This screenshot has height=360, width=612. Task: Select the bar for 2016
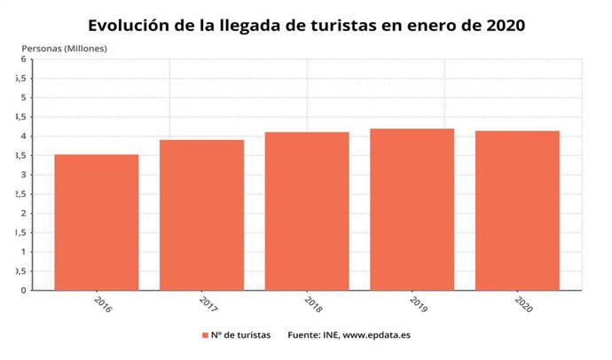point(96,223)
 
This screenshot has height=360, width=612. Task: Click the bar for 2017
point(201,215)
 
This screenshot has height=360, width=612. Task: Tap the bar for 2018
point(307,211)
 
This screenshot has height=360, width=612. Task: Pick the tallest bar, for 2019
point(412,209)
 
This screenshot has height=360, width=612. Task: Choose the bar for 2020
point(517,210)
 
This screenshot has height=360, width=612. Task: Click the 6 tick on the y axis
point(23,59)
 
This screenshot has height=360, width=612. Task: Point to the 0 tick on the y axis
point(23,290)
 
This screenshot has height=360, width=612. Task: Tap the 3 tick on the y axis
point(23,175)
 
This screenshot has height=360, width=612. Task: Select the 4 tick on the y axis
point(23,137)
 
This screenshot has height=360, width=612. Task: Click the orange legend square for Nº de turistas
point(204,335)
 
